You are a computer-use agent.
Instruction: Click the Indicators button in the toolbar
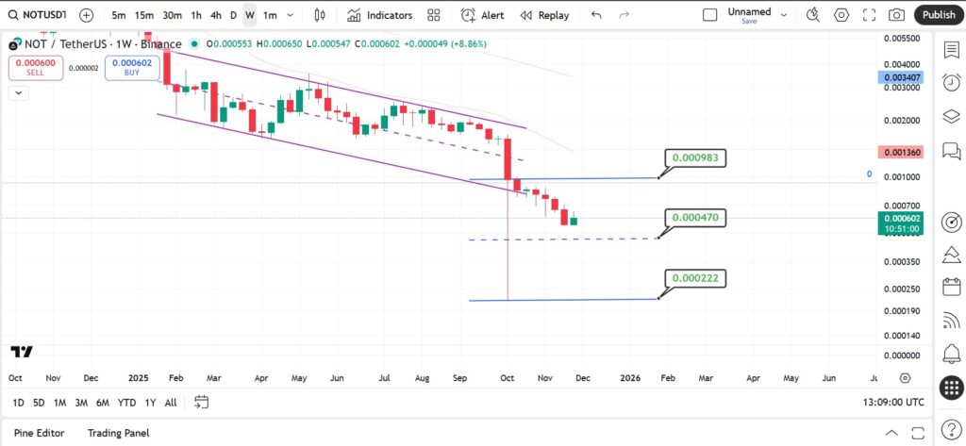click(x=379, y=15)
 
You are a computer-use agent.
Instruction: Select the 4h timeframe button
click(x=216, y=15)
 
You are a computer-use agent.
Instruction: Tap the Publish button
click(x=939, y=15)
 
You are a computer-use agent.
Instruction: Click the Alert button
click(x=482, y=15)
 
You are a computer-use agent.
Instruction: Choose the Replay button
click(x=544, y=15)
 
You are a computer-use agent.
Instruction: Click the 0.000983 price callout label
click(x=695, y=157)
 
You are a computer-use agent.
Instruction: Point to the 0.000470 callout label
click(x=695, y=218)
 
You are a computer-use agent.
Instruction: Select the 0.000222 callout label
click(x=695, y=278)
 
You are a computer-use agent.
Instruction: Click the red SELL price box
click(x=36, y=67)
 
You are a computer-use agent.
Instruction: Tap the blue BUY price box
click(x=132, y=67)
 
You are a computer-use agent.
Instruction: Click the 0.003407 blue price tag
click(x=902, y=77)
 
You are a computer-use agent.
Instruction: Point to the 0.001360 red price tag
click(x=902, y=152)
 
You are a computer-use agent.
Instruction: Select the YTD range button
click(x=126, y=403)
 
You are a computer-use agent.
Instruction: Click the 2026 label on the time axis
click(x=630, y=377)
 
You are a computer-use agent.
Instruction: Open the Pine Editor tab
click(x=39, y=433)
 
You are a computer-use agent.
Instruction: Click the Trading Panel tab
click(x=118, y=433)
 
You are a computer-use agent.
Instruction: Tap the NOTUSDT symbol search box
click(x=38, y=15)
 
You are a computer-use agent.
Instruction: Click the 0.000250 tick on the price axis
click(x=902, y=289)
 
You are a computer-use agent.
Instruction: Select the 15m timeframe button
click(x=144, y=15)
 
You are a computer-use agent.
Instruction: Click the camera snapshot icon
click(x=896, y=15)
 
